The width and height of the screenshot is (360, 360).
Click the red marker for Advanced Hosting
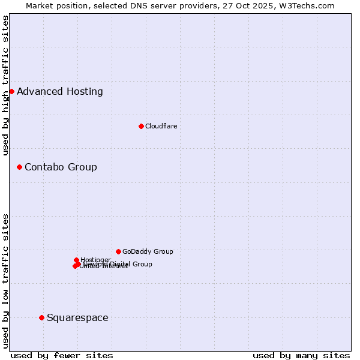coord(11,91)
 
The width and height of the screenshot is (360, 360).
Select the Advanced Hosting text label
coord(60,92)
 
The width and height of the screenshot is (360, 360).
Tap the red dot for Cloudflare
coord(141,126)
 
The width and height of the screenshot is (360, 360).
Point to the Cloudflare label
coord(161,126)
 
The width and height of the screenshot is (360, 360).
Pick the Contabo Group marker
coord(19,167)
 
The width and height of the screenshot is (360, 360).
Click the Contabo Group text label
coord(61,167)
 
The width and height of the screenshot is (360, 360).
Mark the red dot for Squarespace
coord(41,317)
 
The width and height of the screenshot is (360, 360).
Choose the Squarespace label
coord(77,317)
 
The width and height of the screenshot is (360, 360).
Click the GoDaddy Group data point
coord(118,251)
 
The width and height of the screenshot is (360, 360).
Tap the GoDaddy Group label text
coord(148,251)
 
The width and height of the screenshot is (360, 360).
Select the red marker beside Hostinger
coord(76,260)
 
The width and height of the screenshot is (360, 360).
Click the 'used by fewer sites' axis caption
coord(62,355)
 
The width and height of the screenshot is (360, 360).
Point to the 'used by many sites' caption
coord(301,355)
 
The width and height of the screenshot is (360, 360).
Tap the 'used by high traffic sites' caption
coord(5,85)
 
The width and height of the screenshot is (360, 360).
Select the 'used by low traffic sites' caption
coord(5,281)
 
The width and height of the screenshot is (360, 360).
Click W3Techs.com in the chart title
coord(310,5)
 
